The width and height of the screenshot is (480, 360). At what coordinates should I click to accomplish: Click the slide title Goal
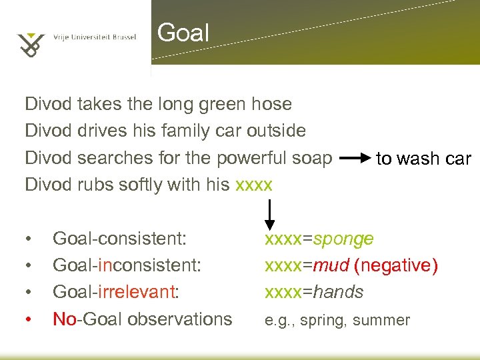pyautogui.click(x=183, y=33)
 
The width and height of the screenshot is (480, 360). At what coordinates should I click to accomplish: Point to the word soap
pyautogui.click(x=310, y=158)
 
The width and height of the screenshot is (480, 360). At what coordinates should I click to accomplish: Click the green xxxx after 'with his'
pyautogui.click(x=254, y=185)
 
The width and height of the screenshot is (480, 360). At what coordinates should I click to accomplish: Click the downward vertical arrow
pyautogui.click(x=270, y=215)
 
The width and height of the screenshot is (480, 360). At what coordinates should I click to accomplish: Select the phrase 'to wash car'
pyautogui.click(x=423, y=159)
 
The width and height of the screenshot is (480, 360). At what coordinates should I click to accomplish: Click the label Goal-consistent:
pyautogui.click(x=119, y=238)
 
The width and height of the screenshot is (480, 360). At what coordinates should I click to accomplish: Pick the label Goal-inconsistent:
pyautogui.click(x=127, y=265)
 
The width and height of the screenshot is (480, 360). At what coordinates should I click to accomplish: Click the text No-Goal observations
pyautogui.click(x=142, y=319)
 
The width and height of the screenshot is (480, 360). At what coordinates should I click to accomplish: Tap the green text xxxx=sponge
pyautogui.click(x=319, y=238)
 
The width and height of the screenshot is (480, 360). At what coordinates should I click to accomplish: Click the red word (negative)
pyautogui.click(x=396, y=265)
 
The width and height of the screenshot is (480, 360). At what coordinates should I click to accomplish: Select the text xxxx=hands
pyautogui.click(x=314, y=292)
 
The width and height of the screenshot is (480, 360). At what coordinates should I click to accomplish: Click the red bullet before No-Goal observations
pyautogui.click(x=29, y=319)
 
